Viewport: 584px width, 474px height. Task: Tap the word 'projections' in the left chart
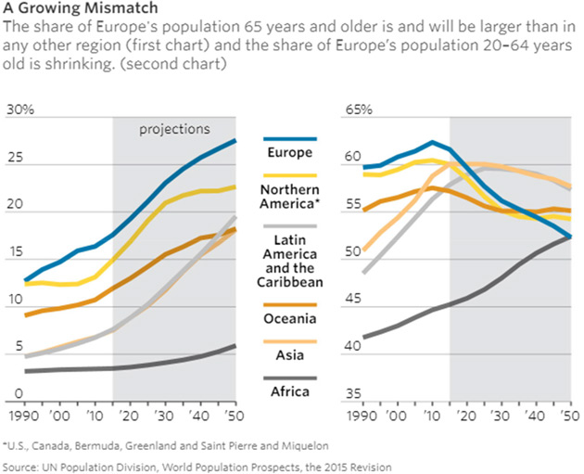(174, 129)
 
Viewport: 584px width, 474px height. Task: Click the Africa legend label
(290, 391)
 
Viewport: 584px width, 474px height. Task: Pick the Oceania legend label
(290, 318)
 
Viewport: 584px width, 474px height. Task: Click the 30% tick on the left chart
(20, 110)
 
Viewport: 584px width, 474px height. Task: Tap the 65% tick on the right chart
(358, 110)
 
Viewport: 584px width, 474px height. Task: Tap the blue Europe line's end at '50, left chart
(235, 140)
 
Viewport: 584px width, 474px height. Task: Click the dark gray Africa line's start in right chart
(364, 337)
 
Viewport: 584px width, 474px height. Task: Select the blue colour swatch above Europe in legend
(290, 138)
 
